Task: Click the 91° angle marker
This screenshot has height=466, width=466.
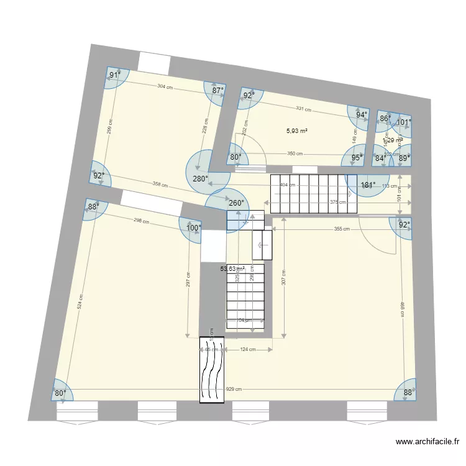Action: pyautogui.click(x=114, y=76)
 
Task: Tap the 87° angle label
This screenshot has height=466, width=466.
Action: pyautogui.click(x=217, y=91)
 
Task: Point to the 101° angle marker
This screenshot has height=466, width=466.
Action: pyautogui.click(x=404, y=122)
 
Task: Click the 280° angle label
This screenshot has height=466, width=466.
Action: pyautogui.click(x=201, y=179)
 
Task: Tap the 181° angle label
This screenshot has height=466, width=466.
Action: pyautogui.click(x=368, y=185)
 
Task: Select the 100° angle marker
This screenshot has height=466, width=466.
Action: pyautogui.click(x=193, y=228)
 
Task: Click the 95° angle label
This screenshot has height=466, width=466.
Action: pyautogui.click(x=357, y=158)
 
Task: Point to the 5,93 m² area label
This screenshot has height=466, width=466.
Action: pyautogui.click(x=297, y=131)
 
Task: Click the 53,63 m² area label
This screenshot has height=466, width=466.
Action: pyautogui.click(x=232, y=269)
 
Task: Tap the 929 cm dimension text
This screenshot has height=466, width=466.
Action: pyautogui.click(x=234, y=389)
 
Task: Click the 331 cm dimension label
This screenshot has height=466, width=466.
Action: pyautogui.click(x=303, y=109)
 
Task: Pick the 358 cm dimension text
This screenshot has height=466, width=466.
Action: pyautogui.click(x=160, y=185)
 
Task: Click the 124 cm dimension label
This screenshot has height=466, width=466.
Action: pyautogui.click(x=248, y=350)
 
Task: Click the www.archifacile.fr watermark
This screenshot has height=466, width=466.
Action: pyautogui.click(x=427, y=442)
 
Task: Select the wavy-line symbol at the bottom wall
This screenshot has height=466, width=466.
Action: pyautogui.click(x=211, y=370)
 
